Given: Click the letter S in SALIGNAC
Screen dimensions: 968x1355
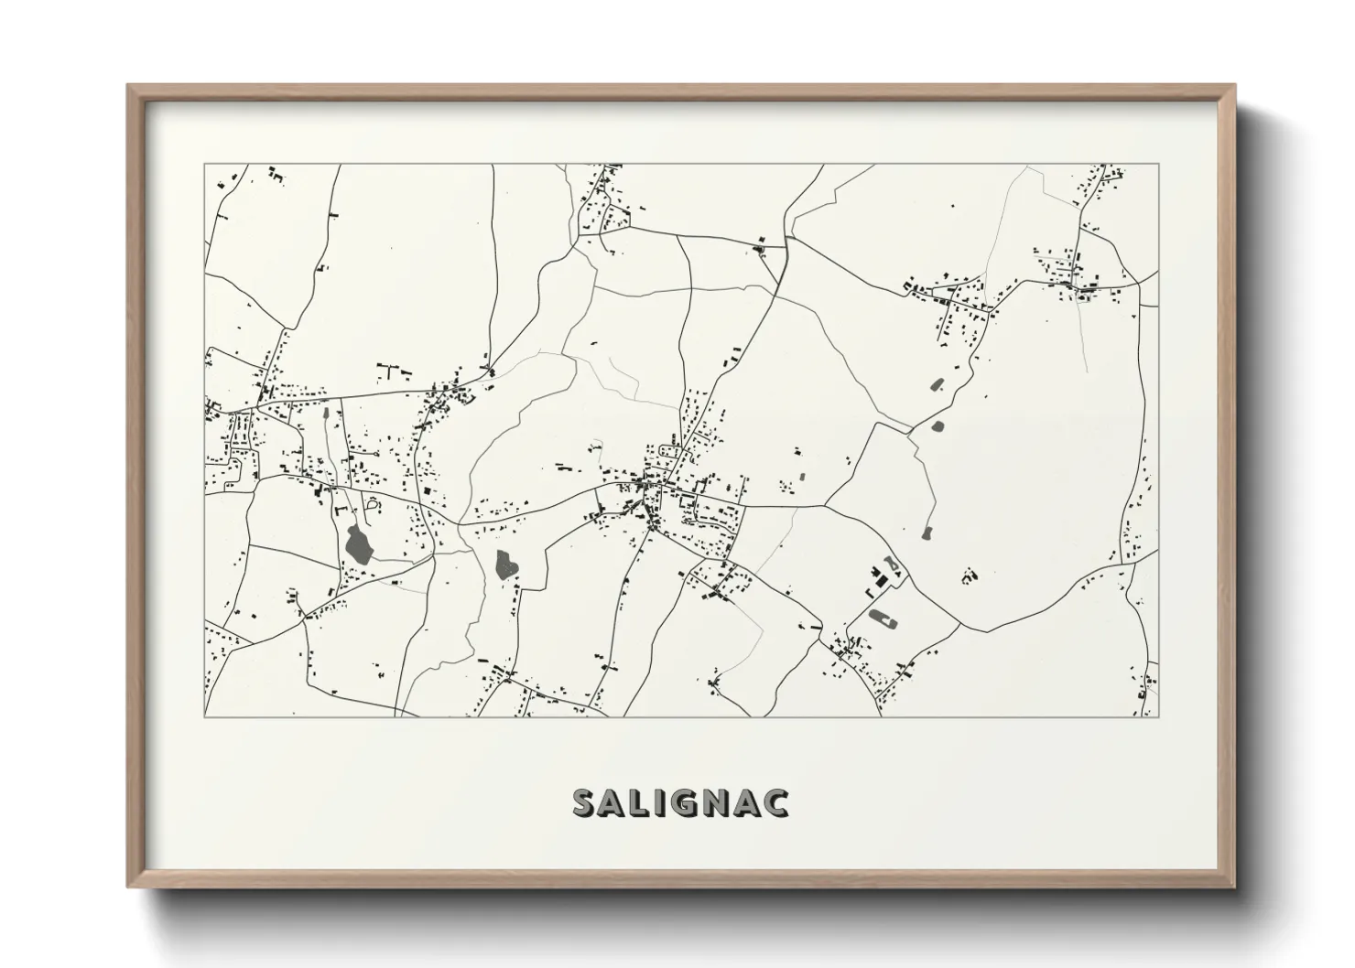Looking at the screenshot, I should pos(585,802).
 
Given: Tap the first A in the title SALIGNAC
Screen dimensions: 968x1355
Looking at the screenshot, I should pos(612,802).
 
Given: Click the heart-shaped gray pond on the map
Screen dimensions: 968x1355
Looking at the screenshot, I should pos(506,565).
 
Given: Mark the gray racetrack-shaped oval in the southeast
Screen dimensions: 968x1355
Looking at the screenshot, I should pos(883,618).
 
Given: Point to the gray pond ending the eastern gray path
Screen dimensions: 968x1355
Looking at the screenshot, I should pos(926,532).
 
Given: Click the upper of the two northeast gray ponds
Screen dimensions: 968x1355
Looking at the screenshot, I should pos(937,385).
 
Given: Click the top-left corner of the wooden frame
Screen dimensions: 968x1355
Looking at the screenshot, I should pos(129,86).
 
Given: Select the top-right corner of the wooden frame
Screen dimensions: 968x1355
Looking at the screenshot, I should pos(1233,86).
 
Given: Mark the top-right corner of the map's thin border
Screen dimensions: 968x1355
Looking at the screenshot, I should pos(1159,164).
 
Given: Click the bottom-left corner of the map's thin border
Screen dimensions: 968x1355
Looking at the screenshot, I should pos(204,716).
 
